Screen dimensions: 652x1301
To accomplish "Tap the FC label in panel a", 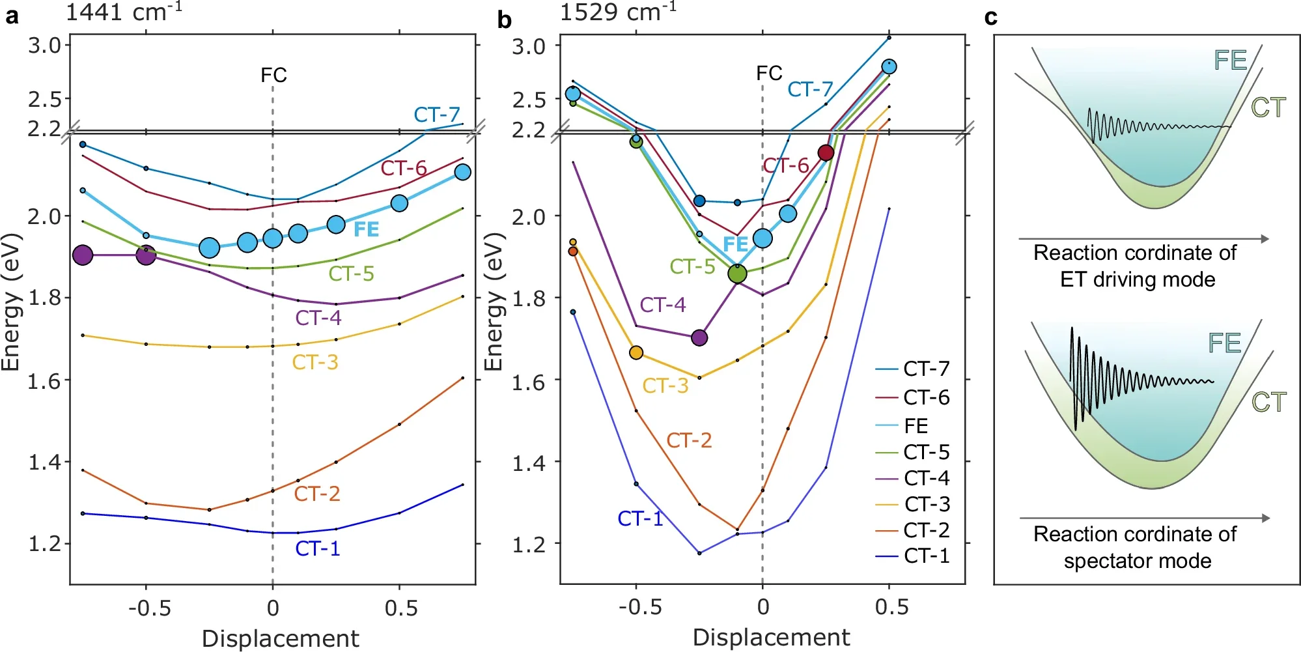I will tap(273, 75).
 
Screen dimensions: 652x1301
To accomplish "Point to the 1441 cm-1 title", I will tap(124, 12).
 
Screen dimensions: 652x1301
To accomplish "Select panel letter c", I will tap(990, 18).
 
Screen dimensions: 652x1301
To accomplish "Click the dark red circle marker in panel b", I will tap(826, 152).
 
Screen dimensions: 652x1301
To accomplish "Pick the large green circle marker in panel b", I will tap(737, 274).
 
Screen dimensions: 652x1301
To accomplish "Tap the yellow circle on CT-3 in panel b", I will tap(636, 352).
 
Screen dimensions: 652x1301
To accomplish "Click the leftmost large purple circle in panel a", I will tap(83, 255).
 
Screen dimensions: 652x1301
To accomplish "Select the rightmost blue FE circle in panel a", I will tap(462, 172).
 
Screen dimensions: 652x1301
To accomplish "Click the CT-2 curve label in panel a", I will tap(317, 494).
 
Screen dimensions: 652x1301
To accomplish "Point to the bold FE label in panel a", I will tap(366, 229).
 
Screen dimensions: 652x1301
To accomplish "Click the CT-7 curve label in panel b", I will tap(810, 89).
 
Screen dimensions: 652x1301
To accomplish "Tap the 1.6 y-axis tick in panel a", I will tap(44, 381).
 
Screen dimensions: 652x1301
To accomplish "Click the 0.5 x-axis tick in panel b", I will tap(891, 607).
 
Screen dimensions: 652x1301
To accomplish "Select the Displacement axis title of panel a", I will tap(280, 638).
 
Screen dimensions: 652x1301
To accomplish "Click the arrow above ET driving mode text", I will tap(1143, 239).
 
